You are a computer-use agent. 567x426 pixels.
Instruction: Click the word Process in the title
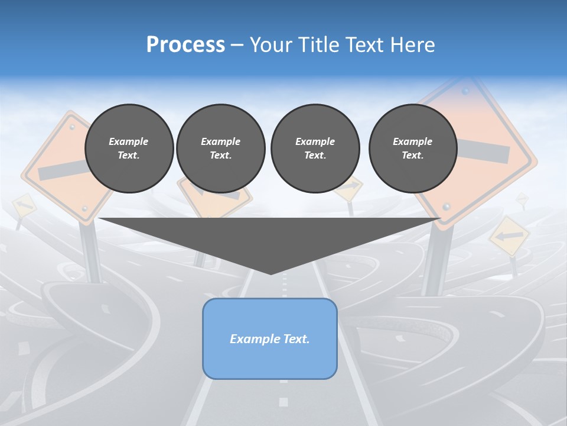pos(185,45)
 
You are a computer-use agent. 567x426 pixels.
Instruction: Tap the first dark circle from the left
pos(129,148)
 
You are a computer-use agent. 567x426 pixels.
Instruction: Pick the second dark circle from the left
pos(220,148)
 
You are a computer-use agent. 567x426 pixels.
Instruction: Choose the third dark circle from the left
pos(315,148)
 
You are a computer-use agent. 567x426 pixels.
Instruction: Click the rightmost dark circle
pos(413,148)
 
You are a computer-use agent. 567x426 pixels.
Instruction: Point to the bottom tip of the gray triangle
pos(271,273)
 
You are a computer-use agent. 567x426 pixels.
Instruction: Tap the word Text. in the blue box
pos(297,339)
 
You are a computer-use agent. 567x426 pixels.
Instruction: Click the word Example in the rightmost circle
pos(412,141)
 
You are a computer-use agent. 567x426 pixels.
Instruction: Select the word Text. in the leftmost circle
pos(129,156)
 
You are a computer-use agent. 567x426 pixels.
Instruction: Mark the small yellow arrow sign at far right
pos(509,236)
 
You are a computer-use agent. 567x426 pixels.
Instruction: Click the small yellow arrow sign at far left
pos(23,205)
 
